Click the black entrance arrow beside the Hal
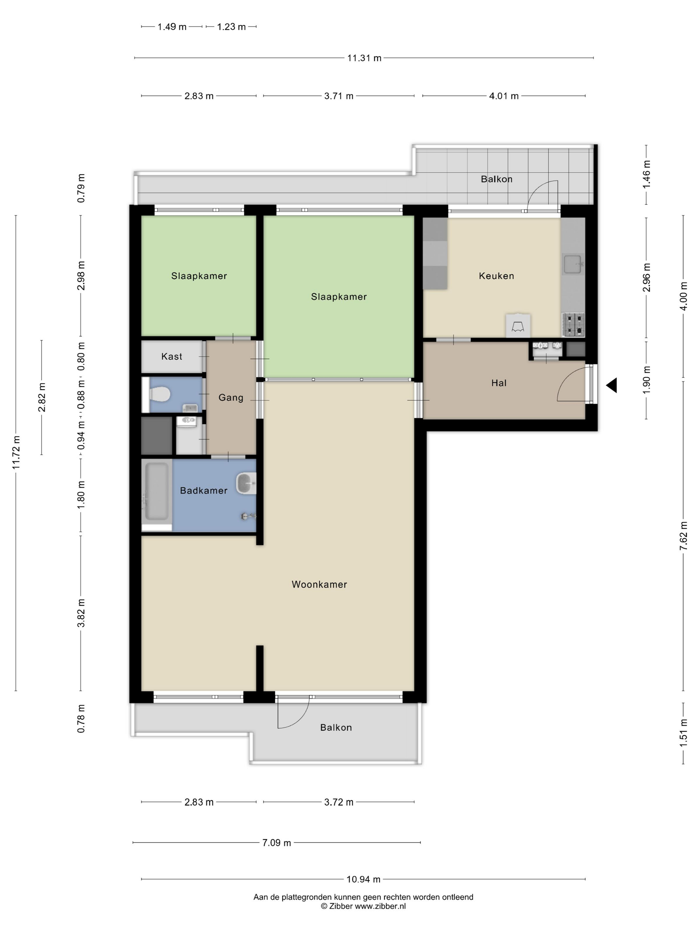click(612, 385)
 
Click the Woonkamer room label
click(319, 584)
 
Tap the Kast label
click(172, 356)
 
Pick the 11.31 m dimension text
click(364, 58)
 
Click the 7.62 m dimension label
click(683, 536)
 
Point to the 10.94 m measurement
click(363, 879)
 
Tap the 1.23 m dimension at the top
click(231, 27)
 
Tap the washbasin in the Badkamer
click(246, 483)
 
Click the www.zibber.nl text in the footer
click(380, 906)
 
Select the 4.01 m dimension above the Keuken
click(504, 96)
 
